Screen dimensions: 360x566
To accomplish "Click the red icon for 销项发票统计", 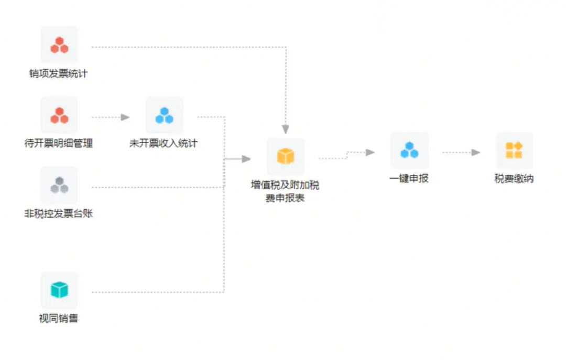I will tap(59, 45).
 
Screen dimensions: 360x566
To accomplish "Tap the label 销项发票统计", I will tap(58, 74).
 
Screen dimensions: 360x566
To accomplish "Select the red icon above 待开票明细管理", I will tap(59, 115).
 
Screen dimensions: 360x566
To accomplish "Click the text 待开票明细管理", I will tap(59, 143).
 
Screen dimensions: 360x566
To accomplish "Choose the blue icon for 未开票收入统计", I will tap(164, 115).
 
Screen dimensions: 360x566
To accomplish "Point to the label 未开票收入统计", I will tap(164, 143).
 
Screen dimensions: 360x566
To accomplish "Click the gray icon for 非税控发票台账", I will tap(59, 185).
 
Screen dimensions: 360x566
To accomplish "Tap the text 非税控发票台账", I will tap(59, 213).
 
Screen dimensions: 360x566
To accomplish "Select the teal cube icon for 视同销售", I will tap(59, 290).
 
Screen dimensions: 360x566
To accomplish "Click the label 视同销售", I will tap(59, 318).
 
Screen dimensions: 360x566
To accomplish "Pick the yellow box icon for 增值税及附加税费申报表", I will tap(286, 156).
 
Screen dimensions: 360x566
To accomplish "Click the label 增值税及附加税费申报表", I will tap(285, 192).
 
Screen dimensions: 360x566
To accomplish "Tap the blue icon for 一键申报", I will tap(409, 150).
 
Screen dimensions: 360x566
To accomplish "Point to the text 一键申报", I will tap(409, 179).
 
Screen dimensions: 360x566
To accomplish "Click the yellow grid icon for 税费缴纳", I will tap(514, 150).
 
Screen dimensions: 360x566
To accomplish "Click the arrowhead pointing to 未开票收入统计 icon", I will tap(125, 117).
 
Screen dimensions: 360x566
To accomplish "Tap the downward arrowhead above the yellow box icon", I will tap(286, 129).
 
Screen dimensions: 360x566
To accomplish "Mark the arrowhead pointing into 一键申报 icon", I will tap(371, 152).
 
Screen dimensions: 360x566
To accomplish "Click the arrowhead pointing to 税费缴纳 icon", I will tap(476, 152).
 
